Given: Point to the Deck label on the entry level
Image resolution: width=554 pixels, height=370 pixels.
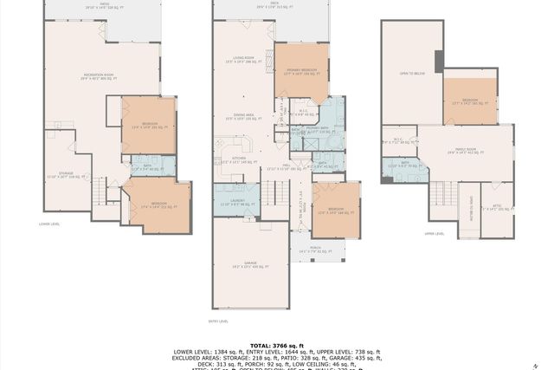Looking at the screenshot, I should point(274,4).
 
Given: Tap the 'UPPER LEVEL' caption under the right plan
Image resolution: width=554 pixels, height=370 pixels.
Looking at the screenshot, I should point(434,233).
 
